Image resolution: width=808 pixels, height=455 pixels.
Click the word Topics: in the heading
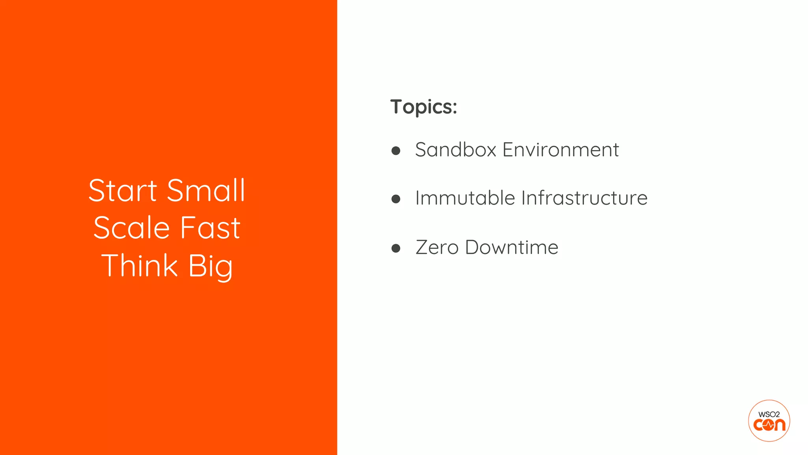tap(423, 107)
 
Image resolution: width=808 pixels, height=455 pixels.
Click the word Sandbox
tap(455, 150)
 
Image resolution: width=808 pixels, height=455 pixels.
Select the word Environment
tap(560, 150)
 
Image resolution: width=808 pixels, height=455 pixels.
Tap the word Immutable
tap(465, 198)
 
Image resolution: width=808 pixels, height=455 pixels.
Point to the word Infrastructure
tap(584, 198)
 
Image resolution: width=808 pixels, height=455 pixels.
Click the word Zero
tap(437, 248)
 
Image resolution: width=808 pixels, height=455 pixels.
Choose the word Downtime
tap(512, 248)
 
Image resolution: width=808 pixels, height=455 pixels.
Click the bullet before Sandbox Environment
tap(396, 150)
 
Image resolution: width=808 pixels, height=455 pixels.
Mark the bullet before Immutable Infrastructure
tap(396, 199)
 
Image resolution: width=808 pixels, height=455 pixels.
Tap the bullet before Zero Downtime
tap(396, 248)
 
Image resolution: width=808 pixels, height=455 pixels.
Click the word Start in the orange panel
tap(123, 191)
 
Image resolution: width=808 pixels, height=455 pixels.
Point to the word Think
tap(140, 266)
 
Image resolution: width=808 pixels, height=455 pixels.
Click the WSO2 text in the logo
tap(769, 414)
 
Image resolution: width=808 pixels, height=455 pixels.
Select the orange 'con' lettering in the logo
tap(769, 425)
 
